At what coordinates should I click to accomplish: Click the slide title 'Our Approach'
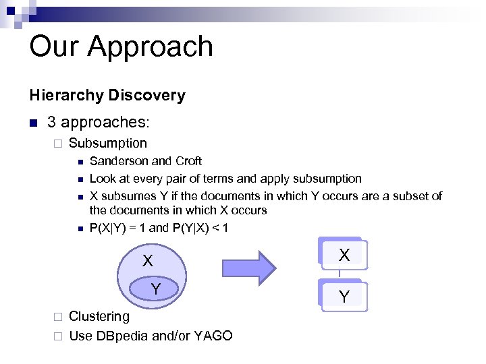(122, 47)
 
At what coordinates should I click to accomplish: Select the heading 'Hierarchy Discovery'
(107, 95)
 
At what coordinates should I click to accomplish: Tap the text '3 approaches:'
(99, 122)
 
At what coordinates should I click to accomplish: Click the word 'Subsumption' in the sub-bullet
(108, 143)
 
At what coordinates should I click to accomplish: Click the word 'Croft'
(188, 161)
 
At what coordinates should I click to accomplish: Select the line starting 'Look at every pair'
(225, 179)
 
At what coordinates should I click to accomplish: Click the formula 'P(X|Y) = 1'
(117, 228)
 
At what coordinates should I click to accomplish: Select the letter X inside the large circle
(147, 262)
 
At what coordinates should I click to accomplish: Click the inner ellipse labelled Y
(155, 289)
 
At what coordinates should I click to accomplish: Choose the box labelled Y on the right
(344, 295)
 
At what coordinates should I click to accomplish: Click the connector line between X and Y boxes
(340, 275)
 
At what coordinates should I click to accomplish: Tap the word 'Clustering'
(99, 316)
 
